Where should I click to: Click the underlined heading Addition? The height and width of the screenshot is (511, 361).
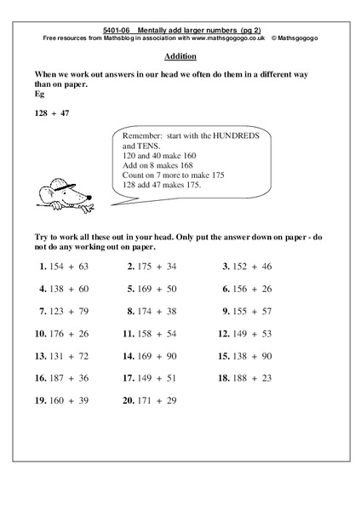[180, 56]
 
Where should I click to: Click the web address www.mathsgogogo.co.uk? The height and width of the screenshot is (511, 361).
[226, 38]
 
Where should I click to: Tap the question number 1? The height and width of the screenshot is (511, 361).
[42, 267]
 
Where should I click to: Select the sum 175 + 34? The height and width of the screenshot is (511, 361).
[158, 267]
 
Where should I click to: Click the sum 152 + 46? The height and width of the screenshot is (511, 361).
[253, 267]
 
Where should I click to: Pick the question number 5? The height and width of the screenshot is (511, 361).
[131, 289]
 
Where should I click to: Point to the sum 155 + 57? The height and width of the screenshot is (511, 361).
[253, 311]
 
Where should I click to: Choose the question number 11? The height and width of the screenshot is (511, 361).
[129, 334]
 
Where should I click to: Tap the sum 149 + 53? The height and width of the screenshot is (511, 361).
[253, 334]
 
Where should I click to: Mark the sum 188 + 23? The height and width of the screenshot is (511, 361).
[253, 378]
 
